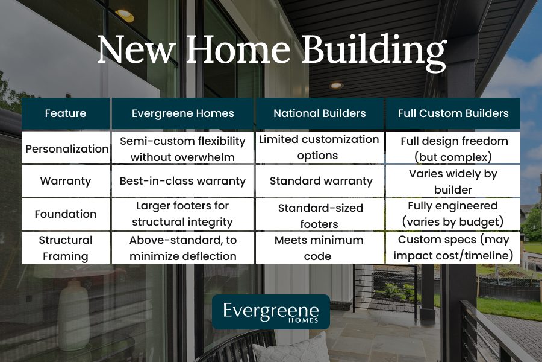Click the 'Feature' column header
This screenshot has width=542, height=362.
(x=66, y=113)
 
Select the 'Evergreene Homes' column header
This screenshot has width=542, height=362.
(x=183, y=113)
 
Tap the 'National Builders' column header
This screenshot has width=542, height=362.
(x=319, y=113)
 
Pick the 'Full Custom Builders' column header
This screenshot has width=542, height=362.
(x=453, y=113)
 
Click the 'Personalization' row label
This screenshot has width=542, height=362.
(x=66, y=148)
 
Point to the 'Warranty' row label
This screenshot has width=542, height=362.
(x=66, y=181)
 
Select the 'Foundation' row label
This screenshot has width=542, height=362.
(x=66, y=214)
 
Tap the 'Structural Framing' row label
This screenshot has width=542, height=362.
(x=66, y=247)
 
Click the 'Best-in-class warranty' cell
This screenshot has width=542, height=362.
(x=183, y=181)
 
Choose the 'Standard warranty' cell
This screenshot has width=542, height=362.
(x=319, y=181)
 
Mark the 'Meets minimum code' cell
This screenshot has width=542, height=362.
(x=319, y=247)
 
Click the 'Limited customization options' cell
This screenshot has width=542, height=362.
(x=319, y=147)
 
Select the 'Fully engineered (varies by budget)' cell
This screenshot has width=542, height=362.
(x=453, y=214)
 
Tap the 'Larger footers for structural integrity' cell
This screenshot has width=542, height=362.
(x=183, y=214)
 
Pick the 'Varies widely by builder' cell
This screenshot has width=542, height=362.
(x=453, y=181)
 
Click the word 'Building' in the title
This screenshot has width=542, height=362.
(x=374, y=51)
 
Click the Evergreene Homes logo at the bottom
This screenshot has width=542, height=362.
(x=270, y=311)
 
